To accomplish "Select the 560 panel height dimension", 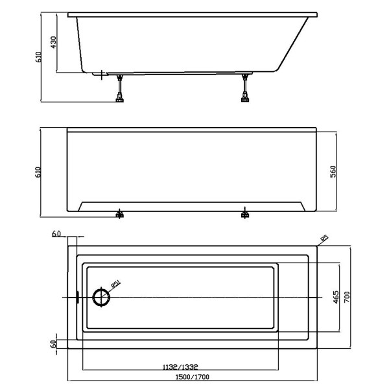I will pyautogui.click(x=333, y=172).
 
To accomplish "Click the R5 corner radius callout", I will pyautogui.click(x=324, y=239).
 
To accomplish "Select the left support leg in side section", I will pyautogui.click(x=119, y=88).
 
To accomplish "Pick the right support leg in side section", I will pyautogui.click(x=245, y=88).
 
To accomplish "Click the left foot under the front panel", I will pyautogui.click(x=119, y=215).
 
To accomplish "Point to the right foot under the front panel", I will pyautogui.click(x=245, y=215).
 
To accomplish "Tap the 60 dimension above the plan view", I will pyautogui.click(x=56, y=233).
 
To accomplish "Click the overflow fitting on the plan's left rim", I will pyautogui.click(x=77, y=298).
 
